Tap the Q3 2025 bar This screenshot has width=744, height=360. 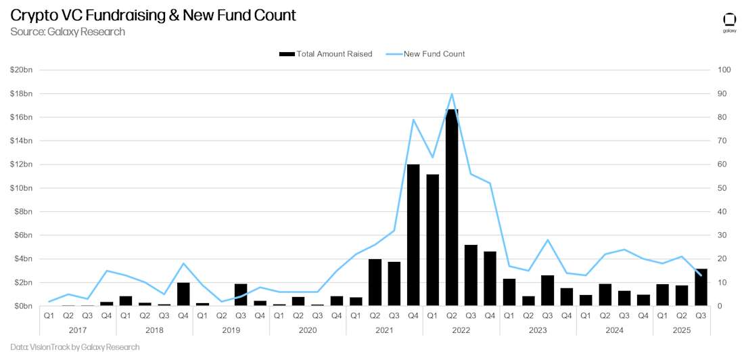(701, 288)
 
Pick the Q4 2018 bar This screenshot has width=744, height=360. (183, 294)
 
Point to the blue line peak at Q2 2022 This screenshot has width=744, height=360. (452, 93)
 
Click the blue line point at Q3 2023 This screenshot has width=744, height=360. (548, 240)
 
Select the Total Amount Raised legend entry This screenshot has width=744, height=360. (325, 54)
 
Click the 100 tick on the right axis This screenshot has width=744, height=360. (724, 70)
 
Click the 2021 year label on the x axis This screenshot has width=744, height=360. (384, 330)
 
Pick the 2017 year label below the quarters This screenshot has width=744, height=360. (78, 330)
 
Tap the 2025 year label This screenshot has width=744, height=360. (682, 330)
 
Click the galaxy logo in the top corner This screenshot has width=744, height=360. (729, 21)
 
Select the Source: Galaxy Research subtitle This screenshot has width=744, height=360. (68, 32)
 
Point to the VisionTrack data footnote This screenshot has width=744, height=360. (75, 347)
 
